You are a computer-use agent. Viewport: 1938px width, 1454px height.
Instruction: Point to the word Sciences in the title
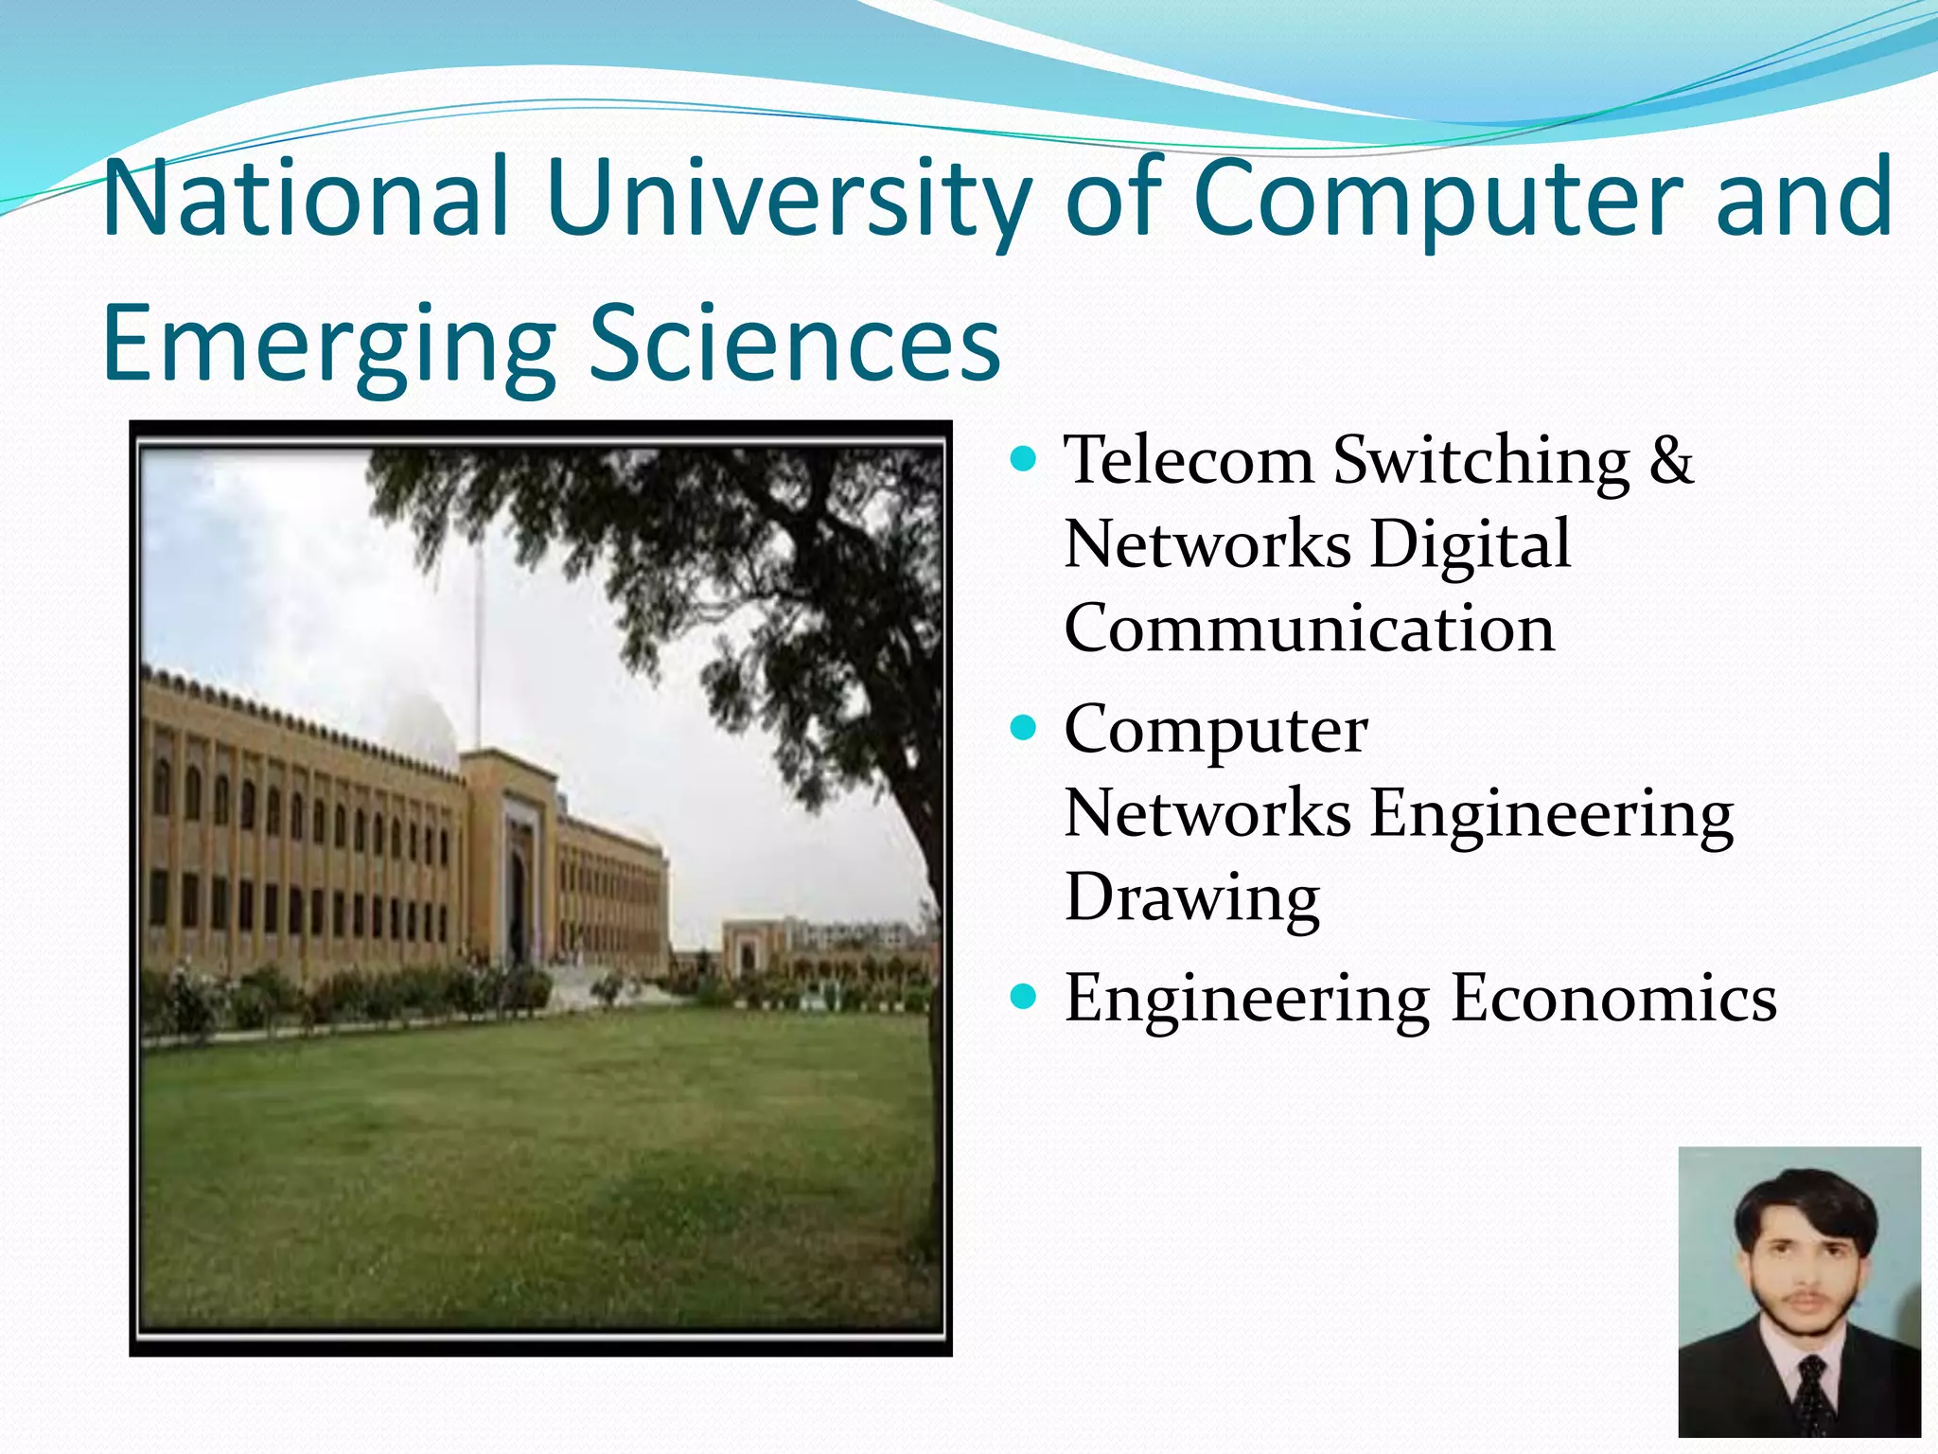[794, 344]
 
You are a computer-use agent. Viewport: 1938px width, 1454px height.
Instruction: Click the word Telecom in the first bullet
[1189, 461]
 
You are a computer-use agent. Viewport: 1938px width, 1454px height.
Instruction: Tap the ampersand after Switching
[1670, 461]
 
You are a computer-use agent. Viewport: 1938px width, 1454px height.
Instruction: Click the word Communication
[1310, 629]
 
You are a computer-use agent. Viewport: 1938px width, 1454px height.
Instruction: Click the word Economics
[1613, 999]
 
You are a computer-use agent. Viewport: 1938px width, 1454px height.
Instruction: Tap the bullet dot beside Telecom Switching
[1024, 460]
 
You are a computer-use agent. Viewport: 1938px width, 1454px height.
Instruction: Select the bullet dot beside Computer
[1024, 729]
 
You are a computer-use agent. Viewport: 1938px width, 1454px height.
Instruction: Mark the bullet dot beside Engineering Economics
[1024, 997]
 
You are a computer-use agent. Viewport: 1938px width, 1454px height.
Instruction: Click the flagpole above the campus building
[478, 644]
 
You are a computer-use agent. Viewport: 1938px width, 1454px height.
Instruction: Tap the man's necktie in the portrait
[1810, 1392]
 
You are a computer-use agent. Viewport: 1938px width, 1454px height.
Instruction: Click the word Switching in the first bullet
[1481, 461]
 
